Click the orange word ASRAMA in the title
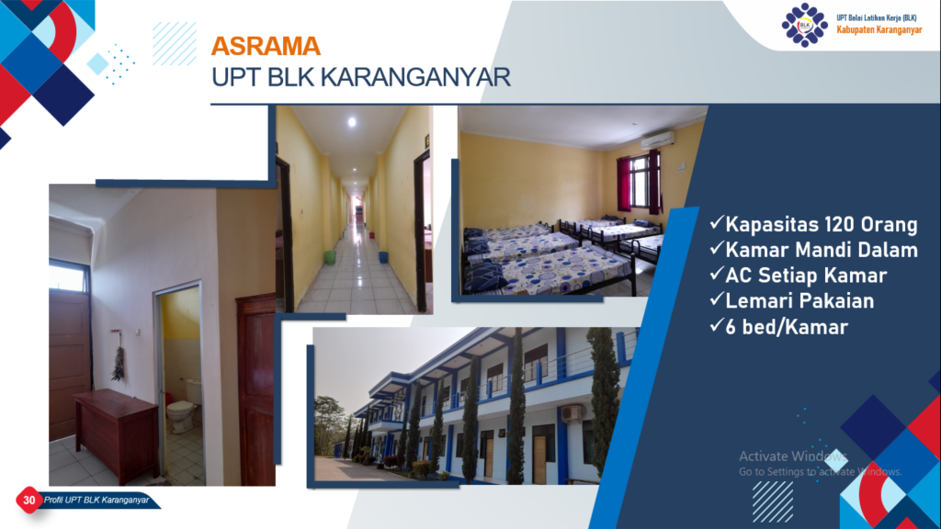(266, 46)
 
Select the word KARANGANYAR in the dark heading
(416, 77)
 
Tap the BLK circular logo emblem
(804, 25)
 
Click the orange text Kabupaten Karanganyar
(879, 30)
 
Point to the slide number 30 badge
(28, 500)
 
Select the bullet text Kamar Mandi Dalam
(821, 250)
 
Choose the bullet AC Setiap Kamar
(805, 276)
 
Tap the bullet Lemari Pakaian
(799, 300)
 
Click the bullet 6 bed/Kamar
(787, 327)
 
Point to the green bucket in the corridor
(330, 257)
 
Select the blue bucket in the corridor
(383, 257)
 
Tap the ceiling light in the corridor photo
(352, 122)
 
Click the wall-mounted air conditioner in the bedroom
(657, 141)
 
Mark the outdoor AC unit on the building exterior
(571, 413)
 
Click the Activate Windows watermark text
(793, 456)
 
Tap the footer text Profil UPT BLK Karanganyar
(96, 500)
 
